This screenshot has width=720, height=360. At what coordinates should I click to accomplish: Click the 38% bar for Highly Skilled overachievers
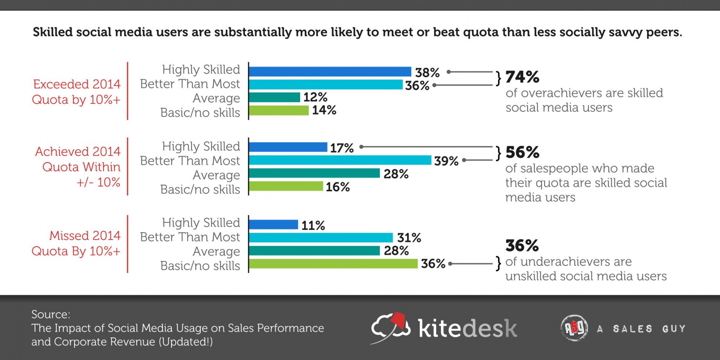[330, 72]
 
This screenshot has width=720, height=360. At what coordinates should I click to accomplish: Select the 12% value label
[315, 97]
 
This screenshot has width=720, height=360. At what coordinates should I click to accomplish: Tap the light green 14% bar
[279, 110]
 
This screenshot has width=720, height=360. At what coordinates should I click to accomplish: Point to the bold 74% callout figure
[522, 77]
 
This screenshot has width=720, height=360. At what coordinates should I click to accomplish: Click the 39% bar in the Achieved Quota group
[340, 160]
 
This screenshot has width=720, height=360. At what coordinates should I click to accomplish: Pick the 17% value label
[341, 148]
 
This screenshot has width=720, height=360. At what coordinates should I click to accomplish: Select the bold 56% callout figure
[522, 152]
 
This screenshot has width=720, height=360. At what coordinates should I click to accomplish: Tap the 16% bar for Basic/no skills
[286, 186]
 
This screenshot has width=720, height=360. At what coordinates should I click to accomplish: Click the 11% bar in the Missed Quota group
[274, 225]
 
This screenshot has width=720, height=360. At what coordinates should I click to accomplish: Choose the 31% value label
[409, 238]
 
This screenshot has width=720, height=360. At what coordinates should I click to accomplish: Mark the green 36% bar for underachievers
[333, 264]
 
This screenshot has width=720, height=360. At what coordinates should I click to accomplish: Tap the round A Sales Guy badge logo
[574, 328]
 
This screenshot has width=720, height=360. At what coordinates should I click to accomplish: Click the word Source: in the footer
[51, 314]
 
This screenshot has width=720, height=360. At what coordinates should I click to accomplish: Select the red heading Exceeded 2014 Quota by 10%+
[76, 92]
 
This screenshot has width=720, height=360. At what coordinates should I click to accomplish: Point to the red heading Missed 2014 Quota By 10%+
[76, 243]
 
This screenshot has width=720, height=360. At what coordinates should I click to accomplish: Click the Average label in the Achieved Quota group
[216, 175]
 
